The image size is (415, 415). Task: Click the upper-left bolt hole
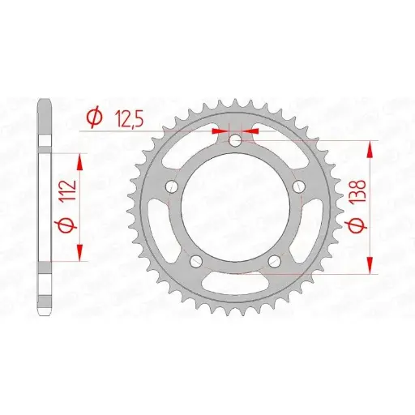(171, 188)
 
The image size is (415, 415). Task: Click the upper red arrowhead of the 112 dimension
(79, 158)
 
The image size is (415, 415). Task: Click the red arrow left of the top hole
(219, 129)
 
